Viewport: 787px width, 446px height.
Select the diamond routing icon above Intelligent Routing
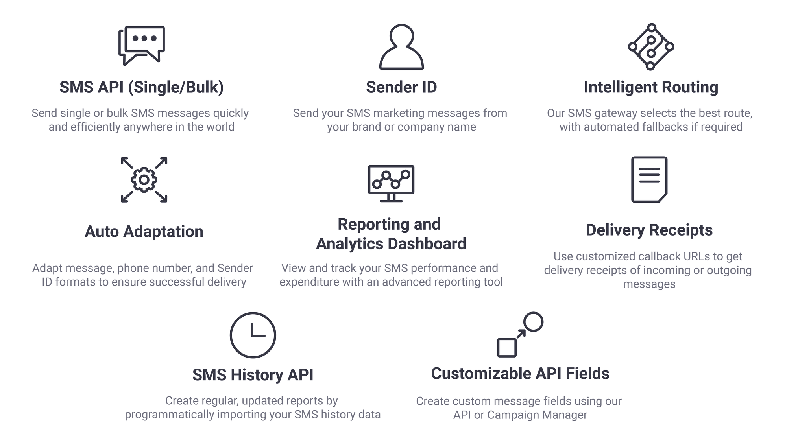point(651,47)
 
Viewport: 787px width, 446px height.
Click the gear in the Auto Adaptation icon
point(144,180)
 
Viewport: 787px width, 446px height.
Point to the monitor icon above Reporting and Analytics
point(391,183)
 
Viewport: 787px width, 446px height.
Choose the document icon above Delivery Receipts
point(649,179)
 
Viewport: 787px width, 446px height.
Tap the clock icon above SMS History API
point(253,335)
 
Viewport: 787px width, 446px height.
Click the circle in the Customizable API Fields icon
point(534,322)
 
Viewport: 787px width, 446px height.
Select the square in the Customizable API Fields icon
point(507,348)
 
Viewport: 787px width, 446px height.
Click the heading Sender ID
point(401,87)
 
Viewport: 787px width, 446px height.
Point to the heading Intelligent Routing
point(651,87)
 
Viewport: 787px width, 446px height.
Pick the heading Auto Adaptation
point(144,232)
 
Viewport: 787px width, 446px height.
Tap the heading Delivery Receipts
point(649,230)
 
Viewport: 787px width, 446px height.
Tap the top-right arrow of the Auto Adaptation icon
point(161,163)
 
